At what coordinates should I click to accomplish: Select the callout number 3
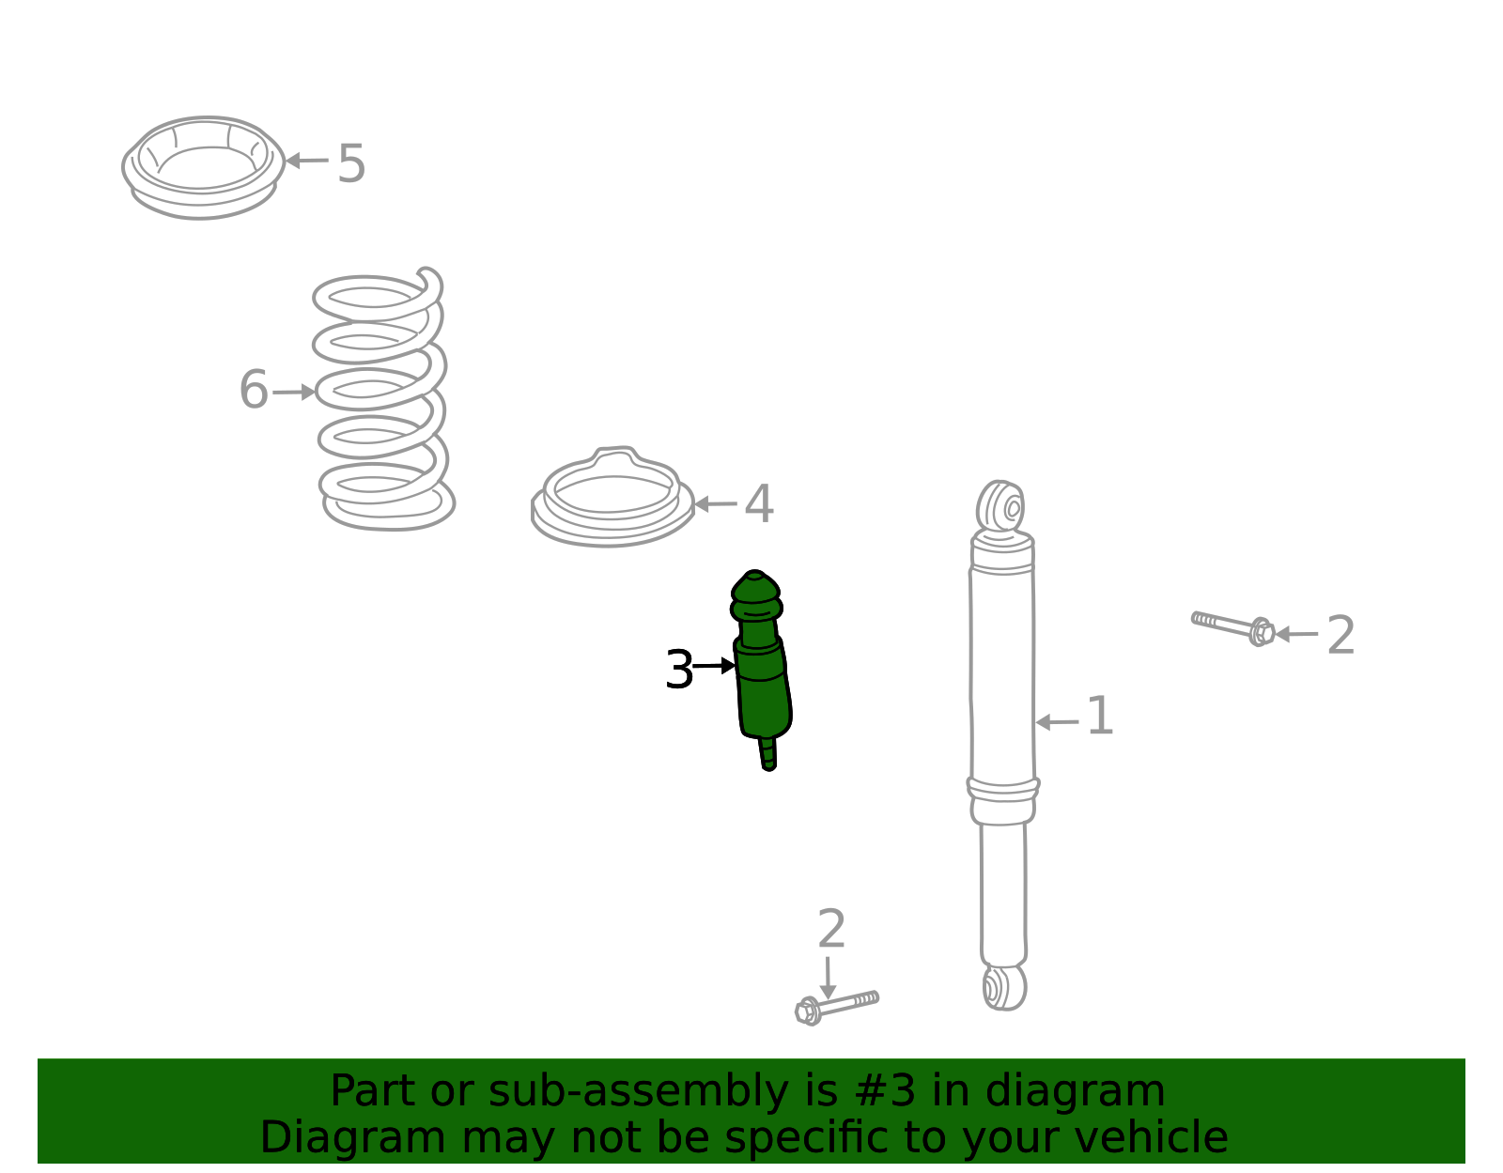click(678, 669)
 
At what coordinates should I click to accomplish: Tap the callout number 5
click(351, 163)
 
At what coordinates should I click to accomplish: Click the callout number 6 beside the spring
click(253, 389)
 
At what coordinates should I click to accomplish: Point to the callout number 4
click(759, 503)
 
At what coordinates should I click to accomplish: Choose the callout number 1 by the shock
click(1100, 716)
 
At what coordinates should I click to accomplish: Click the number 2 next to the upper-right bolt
click(1340, 635)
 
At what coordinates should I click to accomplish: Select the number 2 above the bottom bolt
click(830, 928)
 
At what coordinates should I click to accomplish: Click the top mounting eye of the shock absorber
click(1000, 506)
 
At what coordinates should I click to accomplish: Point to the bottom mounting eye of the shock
click(1004, 988)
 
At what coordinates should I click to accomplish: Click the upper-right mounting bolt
click(1232, 627)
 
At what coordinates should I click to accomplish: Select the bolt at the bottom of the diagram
click(836, 1009)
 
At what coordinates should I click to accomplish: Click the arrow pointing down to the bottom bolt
click(828, 978)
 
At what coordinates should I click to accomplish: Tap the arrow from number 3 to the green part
click(714, 666)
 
